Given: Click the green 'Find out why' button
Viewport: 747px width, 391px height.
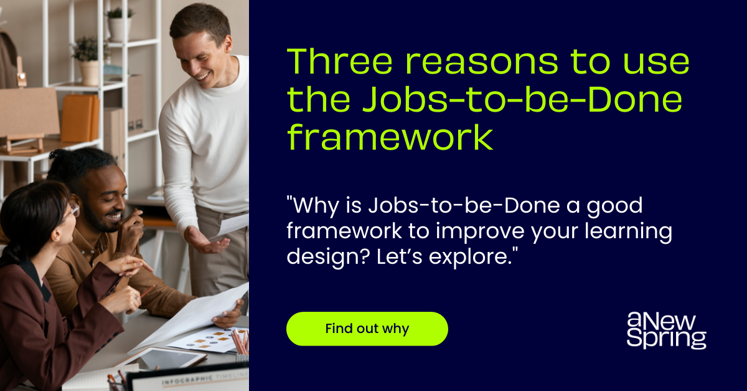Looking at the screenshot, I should [x=367, y=329].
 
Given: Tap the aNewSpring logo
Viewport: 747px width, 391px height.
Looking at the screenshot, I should [x=666, y=331].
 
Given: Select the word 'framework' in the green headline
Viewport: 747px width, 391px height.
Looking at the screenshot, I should [x=390, y=138].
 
